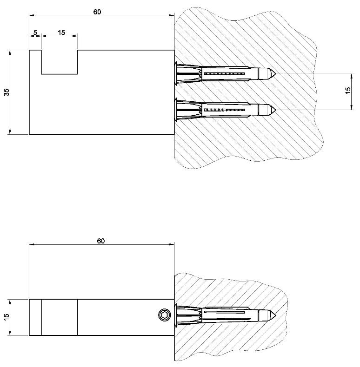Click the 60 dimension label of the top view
point(97,12)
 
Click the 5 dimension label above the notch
point(35,33)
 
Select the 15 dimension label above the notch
point(61,33)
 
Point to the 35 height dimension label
point(7,92)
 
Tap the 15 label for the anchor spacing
point(348,90)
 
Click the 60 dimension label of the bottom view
point(101,241)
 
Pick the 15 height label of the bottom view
point(7,317)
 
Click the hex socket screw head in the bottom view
point(165,315)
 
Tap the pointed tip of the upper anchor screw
point(276,74)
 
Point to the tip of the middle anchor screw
point(276,110)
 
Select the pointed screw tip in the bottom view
point(276,315)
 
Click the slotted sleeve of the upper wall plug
point(225,74)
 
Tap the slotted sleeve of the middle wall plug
point(225,110)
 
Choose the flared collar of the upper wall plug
point(176,74)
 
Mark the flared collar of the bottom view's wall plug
point(176,315)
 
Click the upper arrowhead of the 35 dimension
point(10,52)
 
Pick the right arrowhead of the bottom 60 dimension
point(172,244)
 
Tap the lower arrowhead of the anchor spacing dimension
point(352,107)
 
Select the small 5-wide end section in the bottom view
point(35,317)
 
